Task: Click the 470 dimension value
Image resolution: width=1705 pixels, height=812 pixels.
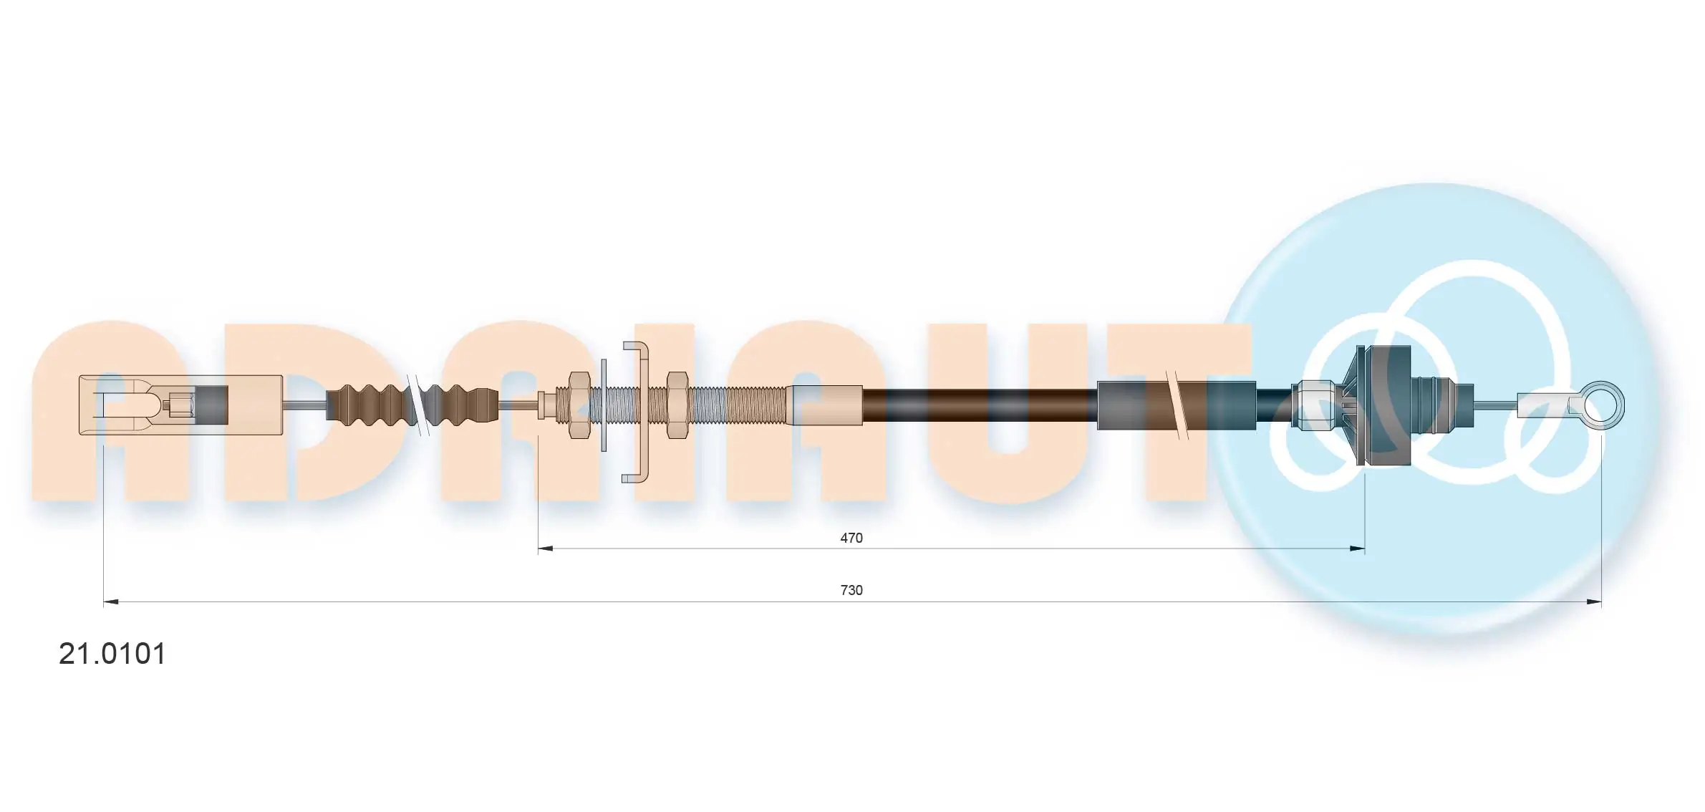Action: tap(851, 538)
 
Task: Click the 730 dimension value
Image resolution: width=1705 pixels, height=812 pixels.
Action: tap(851, 590)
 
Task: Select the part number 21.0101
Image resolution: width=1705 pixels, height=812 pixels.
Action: tap(112, 654)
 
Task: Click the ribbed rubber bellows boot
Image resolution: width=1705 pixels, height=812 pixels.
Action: tap(412, 405)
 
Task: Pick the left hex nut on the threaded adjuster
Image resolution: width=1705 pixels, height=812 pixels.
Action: tap(579, 405)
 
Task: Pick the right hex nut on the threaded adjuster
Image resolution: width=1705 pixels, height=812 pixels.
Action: tap(677, 405)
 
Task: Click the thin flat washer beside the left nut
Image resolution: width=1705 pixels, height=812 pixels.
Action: tap(604, 405)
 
